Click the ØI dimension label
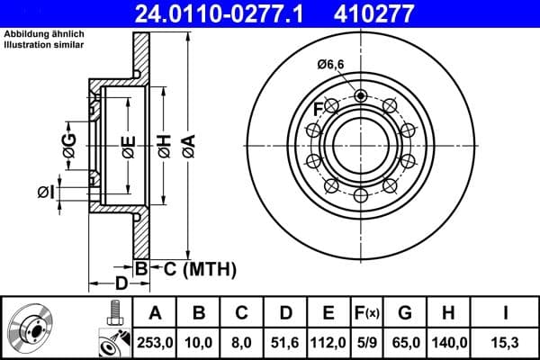47,191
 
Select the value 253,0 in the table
155,341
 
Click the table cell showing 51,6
284,341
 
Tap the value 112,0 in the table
328,341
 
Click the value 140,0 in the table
447,341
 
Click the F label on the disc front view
318,110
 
